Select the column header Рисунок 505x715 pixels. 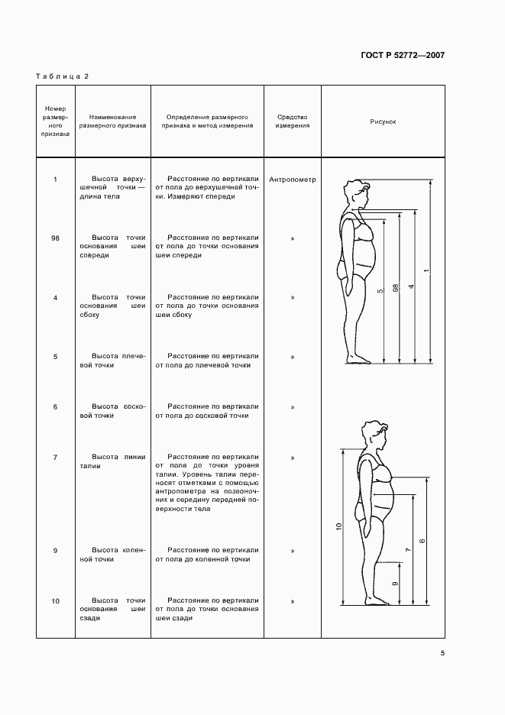point(383,121)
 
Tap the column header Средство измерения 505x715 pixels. point(293,121)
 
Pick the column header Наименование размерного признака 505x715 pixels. point(112,121)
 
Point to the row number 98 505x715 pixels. point(56,238)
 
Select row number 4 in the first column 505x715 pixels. point(56,297)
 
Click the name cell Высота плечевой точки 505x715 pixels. point(112,361)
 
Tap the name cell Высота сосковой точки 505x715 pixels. point(112,411)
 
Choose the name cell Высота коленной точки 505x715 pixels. point(112,555)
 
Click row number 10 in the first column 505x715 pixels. point(56,602)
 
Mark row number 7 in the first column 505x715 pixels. point(56,457)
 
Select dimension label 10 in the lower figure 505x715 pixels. point(338,526)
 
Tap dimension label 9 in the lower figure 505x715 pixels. point(394,584)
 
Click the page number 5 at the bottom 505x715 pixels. point(442,652)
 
